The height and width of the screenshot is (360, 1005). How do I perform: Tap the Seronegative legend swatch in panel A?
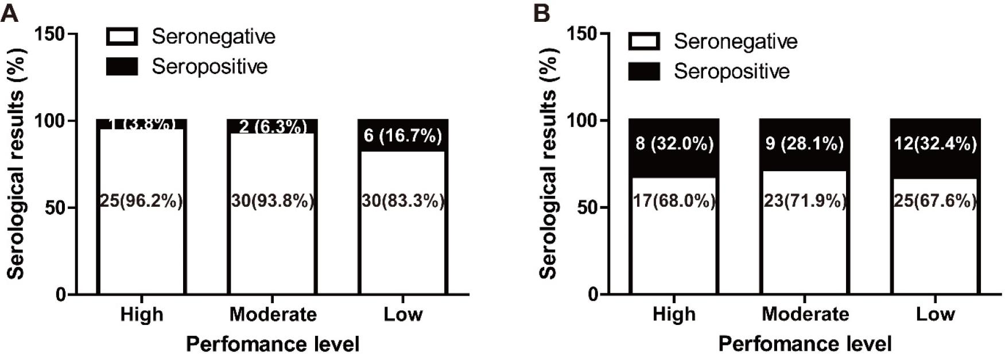[122, 37]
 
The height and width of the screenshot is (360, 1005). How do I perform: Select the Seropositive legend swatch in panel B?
[644, 71]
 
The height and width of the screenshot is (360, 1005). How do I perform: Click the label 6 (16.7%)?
[403, 136]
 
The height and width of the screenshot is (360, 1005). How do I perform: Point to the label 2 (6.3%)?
[273, 127]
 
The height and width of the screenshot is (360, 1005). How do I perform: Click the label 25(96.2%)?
[142, 201]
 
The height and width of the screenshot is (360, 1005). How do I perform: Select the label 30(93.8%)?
[273, 201]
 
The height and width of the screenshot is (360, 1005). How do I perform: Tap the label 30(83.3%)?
[403, 201]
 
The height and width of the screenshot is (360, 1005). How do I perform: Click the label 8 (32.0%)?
[674, 144]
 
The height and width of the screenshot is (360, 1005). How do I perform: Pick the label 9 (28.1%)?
[805, 144]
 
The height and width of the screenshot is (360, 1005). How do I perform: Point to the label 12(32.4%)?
[935, 144]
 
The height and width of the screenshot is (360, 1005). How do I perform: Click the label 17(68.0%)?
[674, 201]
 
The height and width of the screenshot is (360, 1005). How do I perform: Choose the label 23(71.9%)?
[805, 201]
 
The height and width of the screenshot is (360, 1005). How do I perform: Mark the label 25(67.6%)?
[935, 201]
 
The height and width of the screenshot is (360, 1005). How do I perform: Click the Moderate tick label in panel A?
[273, 314]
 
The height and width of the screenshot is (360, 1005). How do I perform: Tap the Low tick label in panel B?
[935, 314]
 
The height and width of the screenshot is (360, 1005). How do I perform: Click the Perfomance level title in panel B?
[805, 344]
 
